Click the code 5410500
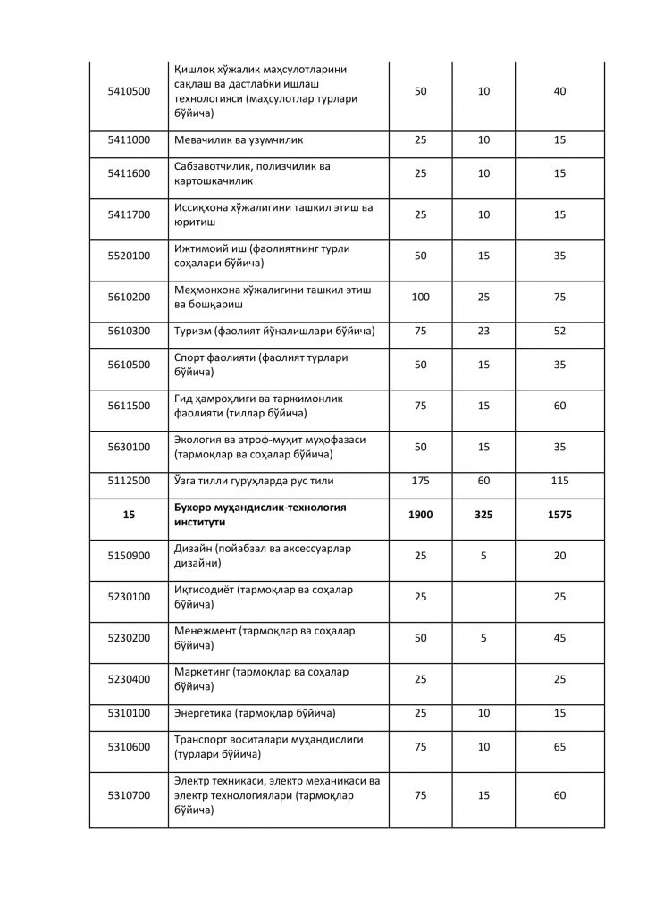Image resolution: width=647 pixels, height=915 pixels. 129,92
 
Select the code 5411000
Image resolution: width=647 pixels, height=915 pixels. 129,140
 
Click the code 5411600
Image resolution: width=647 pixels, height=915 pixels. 129,173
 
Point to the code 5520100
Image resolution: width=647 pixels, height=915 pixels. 129,256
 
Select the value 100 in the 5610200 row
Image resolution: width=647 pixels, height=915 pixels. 420,297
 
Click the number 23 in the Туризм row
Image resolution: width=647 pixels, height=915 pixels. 483,332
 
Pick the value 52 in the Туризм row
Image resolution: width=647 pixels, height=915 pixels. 559,332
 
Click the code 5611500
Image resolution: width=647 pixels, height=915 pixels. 129,406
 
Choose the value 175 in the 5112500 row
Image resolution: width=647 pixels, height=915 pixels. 420,481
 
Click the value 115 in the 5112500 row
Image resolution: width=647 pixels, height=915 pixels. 559,481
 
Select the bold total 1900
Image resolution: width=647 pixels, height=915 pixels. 420,515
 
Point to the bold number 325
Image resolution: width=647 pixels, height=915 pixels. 483,515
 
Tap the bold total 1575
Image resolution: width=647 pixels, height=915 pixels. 559,515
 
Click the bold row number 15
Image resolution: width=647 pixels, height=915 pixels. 129,515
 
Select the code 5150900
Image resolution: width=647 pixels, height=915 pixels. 129,556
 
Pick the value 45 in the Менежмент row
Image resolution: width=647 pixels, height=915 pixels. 559,638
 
